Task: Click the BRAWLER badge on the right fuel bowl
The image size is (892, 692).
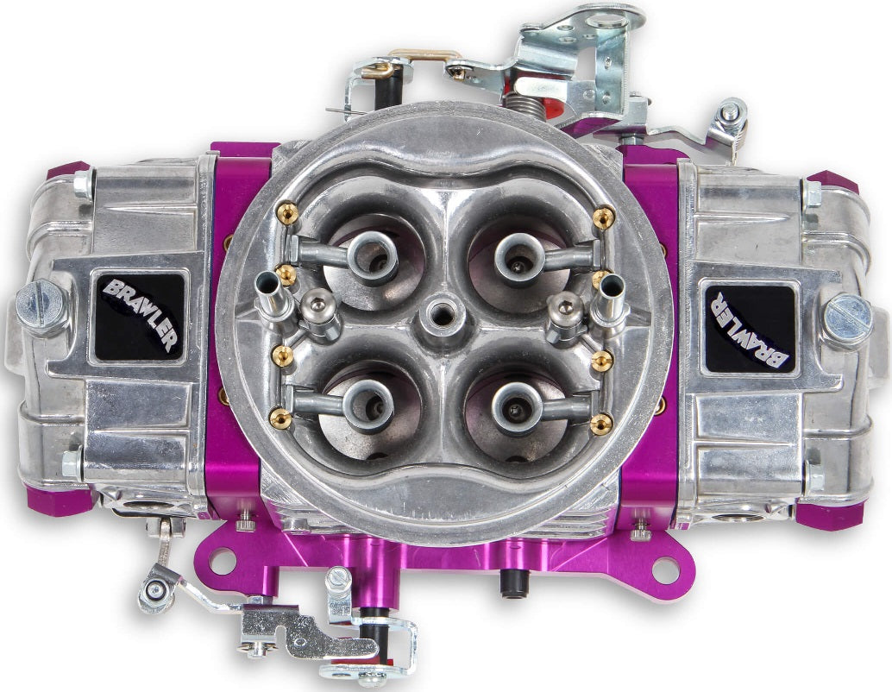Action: click(x=746, y=325)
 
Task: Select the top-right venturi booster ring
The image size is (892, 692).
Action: click(x=518, y=252)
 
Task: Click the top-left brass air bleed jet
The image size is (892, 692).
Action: click(x=281, y=210)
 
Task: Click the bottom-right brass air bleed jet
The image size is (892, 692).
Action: click(x=601, y=421)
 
